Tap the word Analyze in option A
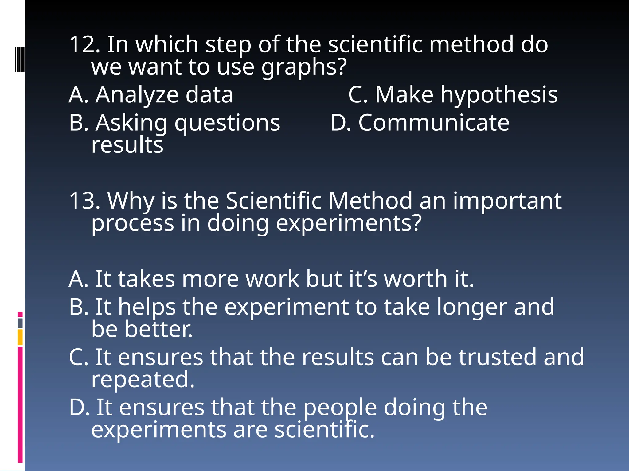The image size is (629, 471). click(137, 95)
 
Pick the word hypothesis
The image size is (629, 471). click(499, 95)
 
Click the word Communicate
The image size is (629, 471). click(434, 123)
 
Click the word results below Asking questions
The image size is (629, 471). click(127, 145)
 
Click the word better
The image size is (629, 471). click(158, 329)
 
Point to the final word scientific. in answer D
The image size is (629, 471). click(324, 430)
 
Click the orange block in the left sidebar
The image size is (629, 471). click(20, 337)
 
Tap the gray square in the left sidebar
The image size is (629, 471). click(20, 323)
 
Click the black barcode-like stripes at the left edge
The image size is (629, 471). click(20, 59)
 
